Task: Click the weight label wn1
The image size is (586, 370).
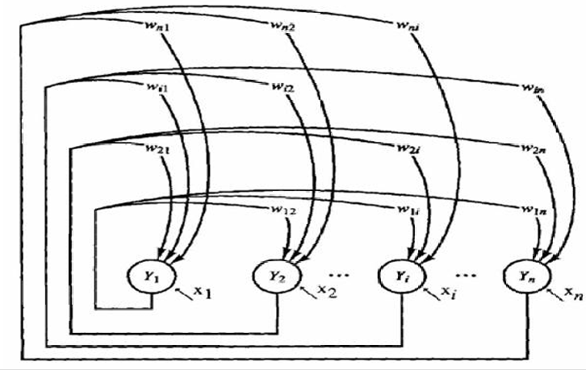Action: point(153,33)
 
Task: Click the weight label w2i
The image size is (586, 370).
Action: point(408,148)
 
